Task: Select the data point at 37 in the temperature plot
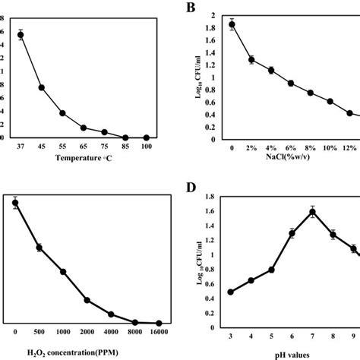[21, 35]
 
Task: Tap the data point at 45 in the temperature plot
[42, 88]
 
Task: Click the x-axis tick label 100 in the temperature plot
[146, 147]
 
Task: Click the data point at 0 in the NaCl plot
[232, 24]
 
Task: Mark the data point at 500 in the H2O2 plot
[39, 248]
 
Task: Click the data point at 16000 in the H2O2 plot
[159, 324]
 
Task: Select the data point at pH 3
[231, 292]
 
